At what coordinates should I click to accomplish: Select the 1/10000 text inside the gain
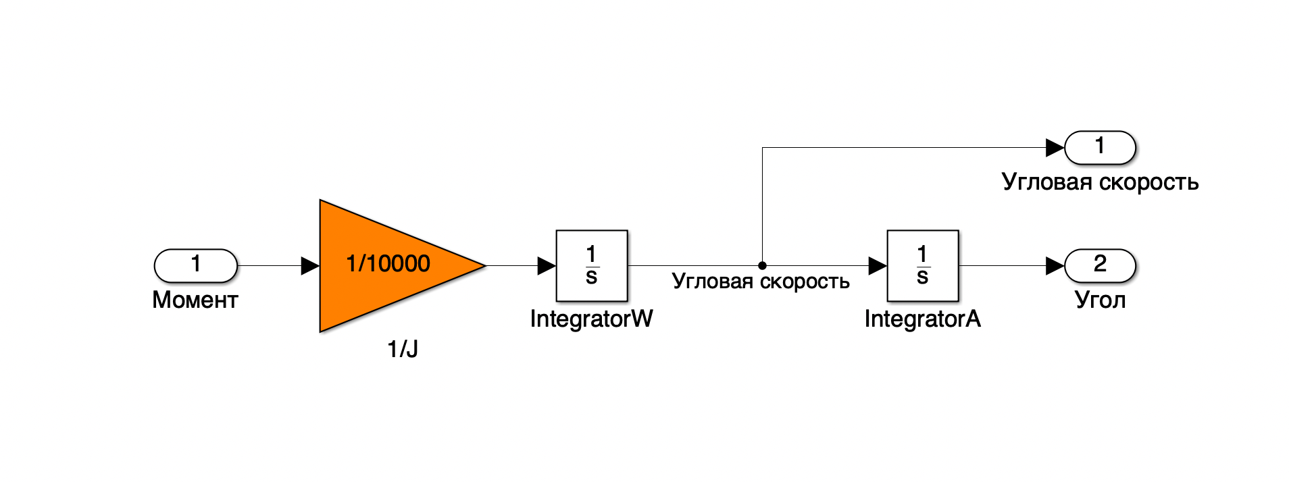[x=388, y=263]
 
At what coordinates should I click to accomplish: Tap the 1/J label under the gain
[x=403, y=349]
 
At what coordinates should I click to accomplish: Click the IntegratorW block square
[x=592, y=265]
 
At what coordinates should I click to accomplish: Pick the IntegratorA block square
[x=923, y=265]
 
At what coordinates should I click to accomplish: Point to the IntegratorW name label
[x=591, y=319]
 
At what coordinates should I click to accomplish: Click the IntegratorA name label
[x=922, y=319]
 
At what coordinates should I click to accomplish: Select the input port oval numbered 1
[x=196, y=265]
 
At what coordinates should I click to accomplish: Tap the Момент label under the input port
[x=195, y=300]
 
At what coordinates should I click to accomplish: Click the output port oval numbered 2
[x=1100, y=265]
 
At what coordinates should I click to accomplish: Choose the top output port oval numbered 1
[x=1100, y=147]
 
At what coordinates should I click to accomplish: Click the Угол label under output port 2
[x=1100, y=300]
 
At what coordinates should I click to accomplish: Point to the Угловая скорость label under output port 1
[x=1100, y=182]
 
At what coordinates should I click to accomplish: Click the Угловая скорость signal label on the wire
[x=761, y=282]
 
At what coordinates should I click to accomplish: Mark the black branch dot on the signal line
[x=762, y=265]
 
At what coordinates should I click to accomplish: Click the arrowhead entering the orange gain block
[x=310, y=265]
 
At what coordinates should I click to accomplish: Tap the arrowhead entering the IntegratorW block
[x=547, y=265]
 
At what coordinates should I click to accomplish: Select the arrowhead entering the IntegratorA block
[x=878, y=265]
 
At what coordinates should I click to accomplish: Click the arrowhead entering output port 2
[x=1055, y=265]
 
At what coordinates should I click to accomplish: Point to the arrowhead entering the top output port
[x=1055, y=147]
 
